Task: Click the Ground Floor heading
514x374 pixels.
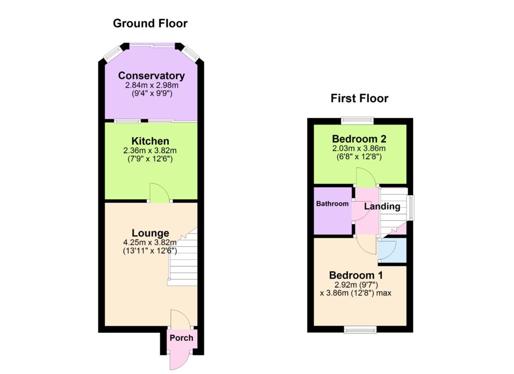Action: [150, 23]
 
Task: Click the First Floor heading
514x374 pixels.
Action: [359, 98]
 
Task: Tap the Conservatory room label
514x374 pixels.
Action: [152, 75]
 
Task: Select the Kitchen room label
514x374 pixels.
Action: [150, 141]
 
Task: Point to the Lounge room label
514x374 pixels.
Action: [151, 233]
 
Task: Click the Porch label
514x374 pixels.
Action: [181, 338]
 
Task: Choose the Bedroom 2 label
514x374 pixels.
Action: [359, 139]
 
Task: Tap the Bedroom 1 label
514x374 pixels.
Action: [356, 275]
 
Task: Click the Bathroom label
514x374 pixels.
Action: [332, 203]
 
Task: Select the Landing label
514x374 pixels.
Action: [382, 206]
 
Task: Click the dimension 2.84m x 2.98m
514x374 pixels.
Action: [152, 85]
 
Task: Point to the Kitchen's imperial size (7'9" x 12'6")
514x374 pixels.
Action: [150, 159]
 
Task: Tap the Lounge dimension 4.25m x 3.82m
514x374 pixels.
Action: [150, 242]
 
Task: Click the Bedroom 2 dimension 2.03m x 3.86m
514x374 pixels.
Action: [359, 148]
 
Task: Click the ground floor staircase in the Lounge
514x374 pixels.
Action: [183, 257]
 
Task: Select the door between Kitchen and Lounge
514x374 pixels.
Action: [160, 193]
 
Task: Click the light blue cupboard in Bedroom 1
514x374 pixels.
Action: [393, 250]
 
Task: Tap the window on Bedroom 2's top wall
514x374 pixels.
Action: [357, 120]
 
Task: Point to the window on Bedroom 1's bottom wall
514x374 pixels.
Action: [360, 329]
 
